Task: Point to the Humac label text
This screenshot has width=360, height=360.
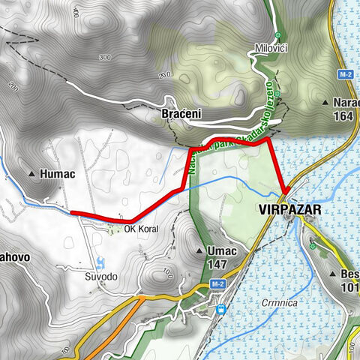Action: point(62,173)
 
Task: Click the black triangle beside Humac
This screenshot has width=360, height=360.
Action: point(31,174)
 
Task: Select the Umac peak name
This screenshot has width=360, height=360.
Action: point(220,250)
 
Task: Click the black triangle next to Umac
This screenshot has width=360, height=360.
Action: point(199,250)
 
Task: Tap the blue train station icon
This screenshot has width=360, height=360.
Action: point(220,308)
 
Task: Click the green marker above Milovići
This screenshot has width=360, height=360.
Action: point(277,34)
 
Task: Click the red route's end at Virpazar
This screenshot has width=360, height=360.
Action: point(286,191)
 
